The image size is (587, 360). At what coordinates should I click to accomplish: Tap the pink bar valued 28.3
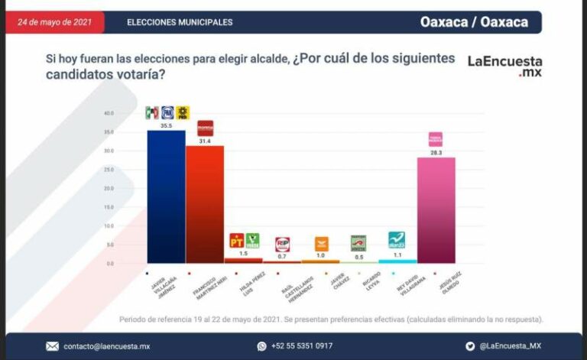click(x=436, y=210)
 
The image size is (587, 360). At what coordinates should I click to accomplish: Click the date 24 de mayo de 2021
click(x=54, y=22)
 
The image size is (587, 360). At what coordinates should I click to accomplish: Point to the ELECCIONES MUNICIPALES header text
click(x=180, y=22)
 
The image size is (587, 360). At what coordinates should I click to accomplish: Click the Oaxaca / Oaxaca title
click(x=474, y=22)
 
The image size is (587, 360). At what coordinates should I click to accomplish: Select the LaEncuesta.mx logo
click(x=504, y=66)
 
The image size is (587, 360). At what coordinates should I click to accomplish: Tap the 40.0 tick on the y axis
click(x=109, y=113)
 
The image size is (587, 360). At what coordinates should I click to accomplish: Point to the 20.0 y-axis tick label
click(x=109, y=188)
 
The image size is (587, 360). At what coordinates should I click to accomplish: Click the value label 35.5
click(x=166, y=125)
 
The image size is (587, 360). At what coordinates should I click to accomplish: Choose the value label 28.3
click(x=436, y=153)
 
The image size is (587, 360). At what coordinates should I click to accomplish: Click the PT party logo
click(x=236, y=242)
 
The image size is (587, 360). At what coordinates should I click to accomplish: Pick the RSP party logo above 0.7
click(x=282, y=244)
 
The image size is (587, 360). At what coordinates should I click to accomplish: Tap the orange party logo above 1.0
click(x=321, y=244)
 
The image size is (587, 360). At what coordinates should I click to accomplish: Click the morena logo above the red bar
click(x=205, y=128)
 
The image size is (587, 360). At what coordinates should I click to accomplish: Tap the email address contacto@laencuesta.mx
click(x=107, y=346)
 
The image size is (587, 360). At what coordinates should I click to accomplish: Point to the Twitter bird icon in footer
click(x=470, y=346)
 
